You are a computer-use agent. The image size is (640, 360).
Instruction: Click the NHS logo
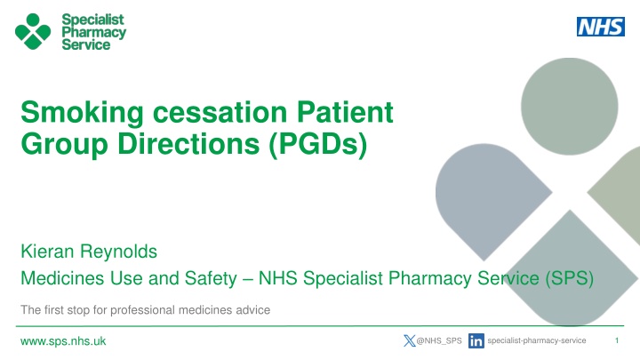coord(600,27)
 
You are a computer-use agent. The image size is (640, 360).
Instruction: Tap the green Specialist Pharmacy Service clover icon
coord(33,31)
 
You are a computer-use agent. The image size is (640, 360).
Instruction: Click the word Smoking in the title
coord(82,112)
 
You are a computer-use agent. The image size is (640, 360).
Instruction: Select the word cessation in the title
coord(220,112)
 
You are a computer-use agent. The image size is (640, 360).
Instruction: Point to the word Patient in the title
coord(345,111)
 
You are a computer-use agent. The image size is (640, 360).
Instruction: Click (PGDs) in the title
coord(318,144)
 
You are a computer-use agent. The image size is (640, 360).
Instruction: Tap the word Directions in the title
coord(188,144)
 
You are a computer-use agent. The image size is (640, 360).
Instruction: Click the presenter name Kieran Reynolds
coord(89,252)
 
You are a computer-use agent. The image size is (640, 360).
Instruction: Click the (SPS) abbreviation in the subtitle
coord(570,278)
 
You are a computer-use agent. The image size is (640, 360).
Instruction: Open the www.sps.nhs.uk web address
coord(63,341)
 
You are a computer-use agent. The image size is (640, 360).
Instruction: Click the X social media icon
coord(410,340)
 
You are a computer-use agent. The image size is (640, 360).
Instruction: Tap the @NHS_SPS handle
coord(439,340)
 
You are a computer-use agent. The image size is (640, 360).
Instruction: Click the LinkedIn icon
coord(476,340)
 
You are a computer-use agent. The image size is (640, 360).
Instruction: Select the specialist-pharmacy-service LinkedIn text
coord(537,340)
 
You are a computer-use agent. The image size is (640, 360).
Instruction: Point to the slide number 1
coord(617,340)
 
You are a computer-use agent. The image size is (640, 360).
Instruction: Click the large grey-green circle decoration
coord(570,107)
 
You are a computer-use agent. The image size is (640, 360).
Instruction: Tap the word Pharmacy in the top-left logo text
coord(94,33)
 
